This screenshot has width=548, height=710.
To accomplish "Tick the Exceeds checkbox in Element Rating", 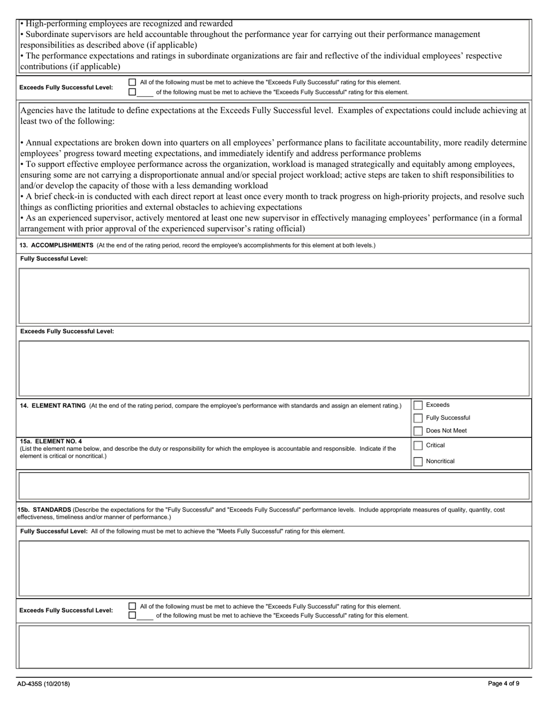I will point(418,405).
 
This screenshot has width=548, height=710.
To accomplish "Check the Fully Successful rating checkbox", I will point(418,418).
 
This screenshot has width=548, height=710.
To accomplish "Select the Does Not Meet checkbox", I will point(418,431).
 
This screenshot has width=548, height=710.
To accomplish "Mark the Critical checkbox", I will point(418,446).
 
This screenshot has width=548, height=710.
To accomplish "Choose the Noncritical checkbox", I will point(418,461).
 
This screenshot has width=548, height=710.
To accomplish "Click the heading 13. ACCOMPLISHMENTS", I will point(57,245).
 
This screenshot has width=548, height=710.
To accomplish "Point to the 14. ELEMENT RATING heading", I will point(53,406).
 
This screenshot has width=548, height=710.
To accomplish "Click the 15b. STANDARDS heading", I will point(44,510).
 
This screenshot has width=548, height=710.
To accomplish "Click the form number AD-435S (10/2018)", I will point(44,684).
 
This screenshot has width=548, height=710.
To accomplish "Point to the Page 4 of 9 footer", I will point(504,684).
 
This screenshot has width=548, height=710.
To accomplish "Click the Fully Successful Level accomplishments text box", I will point(274,296).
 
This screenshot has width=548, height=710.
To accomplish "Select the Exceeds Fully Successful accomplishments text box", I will point(274,368).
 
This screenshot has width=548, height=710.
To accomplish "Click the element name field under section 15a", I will point(274,486).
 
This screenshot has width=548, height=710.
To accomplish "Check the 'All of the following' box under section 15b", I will point(132,606).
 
